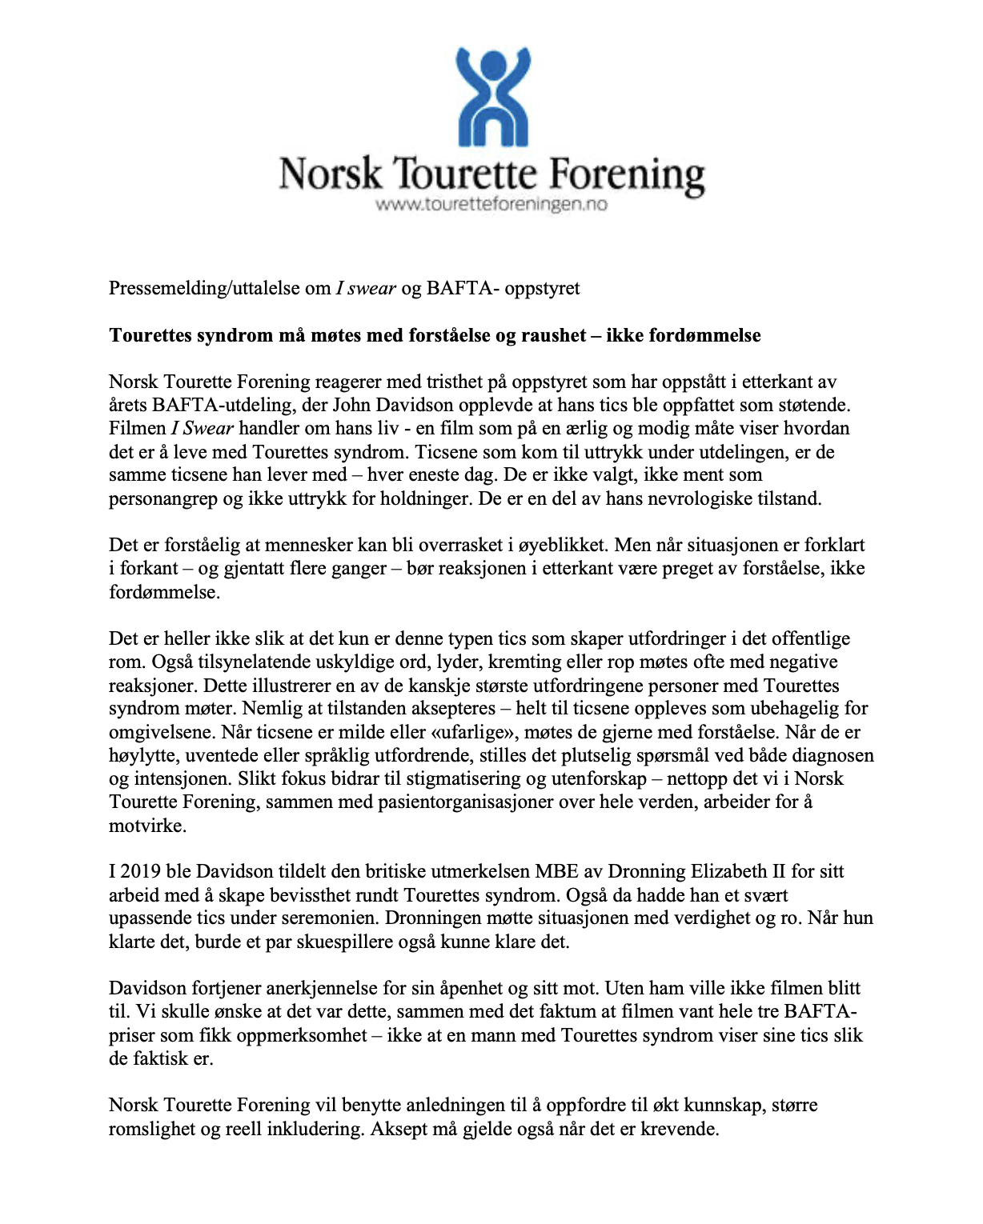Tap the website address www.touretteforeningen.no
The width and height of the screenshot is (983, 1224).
pos(491,205)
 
